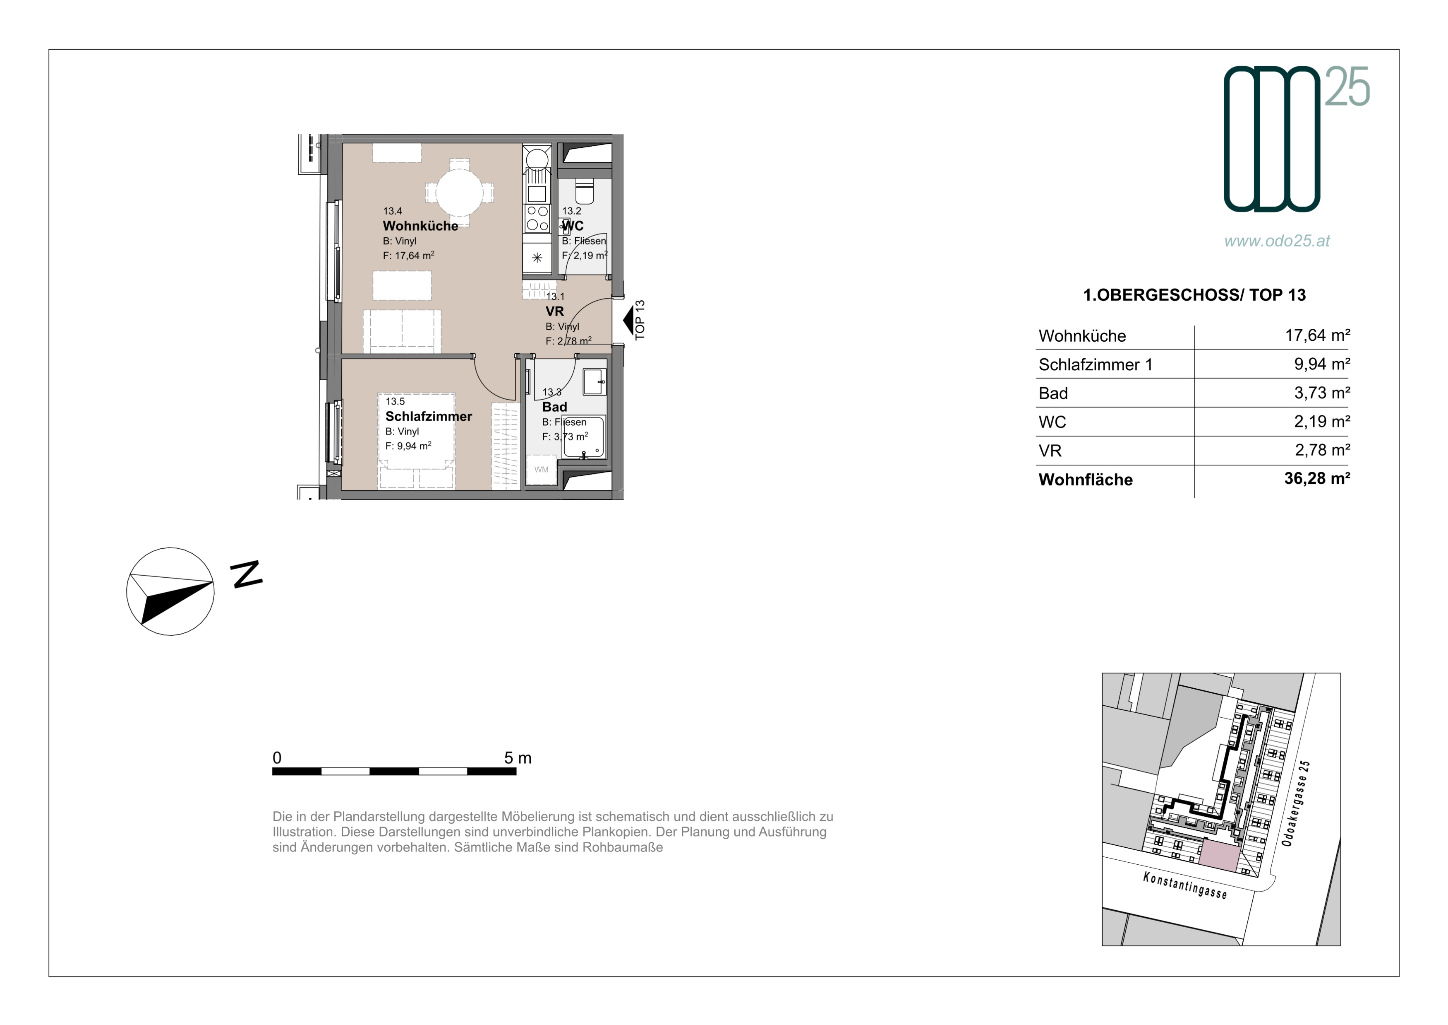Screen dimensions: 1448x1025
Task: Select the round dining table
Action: pos(460,192)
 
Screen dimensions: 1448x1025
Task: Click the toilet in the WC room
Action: pos(585,191)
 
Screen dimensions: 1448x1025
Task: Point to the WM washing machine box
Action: pos(541,470)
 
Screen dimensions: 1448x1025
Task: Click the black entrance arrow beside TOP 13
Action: pos(628,321)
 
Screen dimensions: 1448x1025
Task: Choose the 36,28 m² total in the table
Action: pos(1317,478)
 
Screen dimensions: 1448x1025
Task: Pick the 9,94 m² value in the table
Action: pos(1322,364)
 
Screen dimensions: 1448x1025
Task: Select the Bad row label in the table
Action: pos(1053,393)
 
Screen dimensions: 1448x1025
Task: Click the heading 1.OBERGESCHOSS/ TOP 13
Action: pos(1194,295)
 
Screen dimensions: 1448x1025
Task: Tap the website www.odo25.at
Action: pos(1277,241)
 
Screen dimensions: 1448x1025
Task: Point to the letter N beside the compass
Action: pos(247,574)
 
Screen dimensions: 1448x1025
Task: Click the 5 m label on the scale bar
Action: pos(518,758)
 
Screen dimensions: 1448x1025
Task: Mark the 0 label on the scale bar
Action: pos(277,758)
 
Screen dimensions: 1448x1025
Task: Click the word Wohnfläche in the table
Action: pos(1085,480)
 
